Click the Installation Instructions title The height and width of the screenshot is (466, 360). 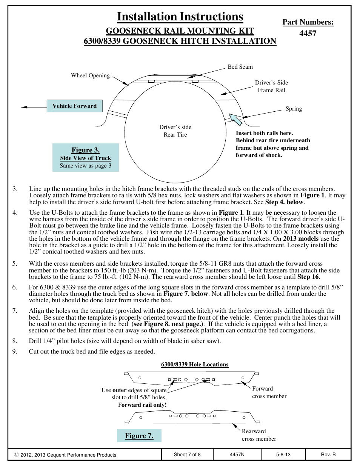point(180,17)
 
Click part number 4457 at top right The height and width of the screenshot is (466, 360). point(308,34)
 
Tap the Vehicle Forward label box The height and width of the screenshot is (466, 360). point(74,106)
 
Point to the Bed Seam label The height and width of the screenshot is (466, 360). point(240,67)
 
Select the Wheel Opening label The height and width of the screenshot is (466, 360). point(90,75)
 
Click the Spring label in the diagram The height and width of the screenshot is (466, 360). point(294,109)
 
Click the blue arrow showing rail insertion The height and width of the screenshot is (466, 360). point(235,119)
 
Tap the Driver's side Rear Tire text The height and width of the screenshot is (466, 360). point(175,131)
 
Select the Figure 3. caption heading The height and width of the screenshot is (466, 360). point(86,150)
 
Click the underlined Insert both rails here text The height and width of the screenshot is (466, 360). point(264,133)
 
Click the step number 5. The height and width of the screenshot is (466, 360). point(15,264)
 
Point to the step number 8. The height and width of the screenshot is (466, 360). point(15,341)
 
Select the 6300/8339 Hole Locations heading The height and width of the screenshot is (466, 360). point(195,364)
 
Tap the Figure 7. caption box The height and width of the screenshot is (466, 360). point(139,436)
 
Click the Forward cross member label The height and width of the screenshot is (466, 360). point(269,392)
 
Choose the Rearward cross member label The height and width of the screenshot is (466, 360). point(259,435)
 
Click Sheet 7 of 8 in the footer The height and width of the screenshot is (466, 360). point(187,455)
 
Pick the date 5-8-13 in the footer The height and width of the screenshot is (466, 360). point(283,455)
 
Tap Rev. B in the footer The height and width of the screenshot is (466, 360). point(328,455)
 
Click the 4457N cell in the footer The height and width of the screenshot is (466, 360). point(237,455)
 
